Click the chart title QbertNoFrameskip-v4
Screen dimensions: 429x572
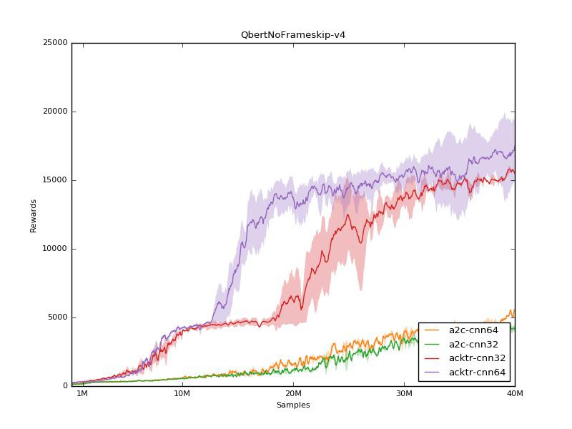(293, 34)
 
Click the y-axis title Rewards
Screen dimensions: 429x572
(33, 214)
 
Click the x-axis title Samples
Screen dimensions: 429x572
(293, 405)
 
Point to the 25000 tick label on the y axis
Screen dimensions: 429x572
(56, 43)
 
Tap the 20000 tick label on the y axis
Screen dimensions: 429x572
(56, 112)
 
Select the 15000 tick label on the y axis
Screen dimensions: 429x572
(56, 180)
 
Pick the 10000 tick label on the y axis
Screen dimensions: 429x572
(56, 249)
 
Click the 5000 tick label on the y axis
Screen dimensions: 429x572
(58, 317)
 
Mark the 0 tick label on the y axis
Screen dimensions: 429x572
(64, 386)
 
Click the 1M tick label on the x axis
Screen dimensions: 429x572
(82, 394)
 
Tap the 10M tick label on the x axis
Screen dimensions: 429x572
(182, 394)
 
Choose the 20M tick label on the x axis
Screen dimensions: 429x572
(293, 394)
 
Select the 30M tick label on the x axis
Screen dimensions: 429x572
(404, 394)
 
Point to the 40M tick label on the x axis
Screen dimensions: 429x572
(515, 394)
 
